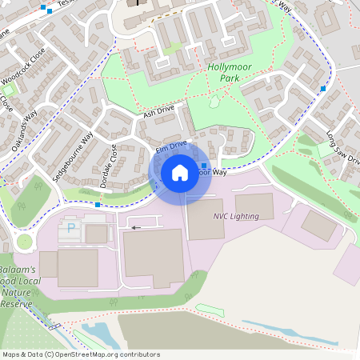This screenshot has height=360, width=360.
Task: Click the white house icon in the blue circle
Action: click(x=180, y=172)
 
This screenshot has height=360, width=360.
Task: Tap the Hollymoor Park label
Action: click(x=229, y=74)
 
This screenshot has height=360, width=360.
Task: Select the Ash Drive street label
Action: click(x=158, y=114)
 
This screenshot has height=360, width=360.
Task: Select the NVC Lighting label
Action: click(x=236, y=217)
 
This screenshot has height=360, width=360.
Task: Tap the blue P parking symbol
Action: click(x=71, y=228)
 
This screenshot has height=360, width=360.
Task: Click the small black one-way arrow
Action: click(x=135, y=228)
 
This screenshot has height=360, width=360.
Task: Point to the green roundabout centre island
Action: click(x=25, y=241)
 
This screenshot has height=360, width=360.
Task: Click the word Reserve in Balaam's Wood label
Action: click(x=15, y=304)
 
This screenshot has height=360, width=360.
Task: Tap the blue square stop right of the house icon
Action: click(x=205, y=166)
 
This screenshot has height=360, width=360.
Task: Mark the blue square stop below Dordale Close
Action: click(x=98, y=205)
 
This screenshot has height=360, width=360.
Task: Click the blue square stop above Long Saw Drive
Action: click(x=323, y=88)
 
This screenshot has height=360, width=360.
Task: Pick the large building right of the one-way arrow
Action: click(x=153, y=258)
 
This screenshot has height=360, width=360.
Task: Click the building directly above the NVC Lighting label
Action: click(x=254, y=206)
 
